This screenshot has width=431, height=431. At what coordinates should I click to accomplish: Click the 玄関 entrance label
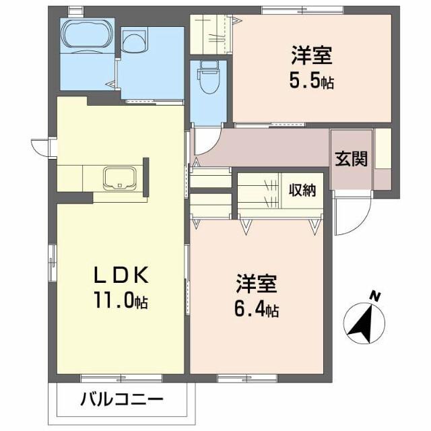352,160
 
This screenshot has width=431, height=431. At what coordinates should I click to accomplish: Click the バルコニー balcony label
122,401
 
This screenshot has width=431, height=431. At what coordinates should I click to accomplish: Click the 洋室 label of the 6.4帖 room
257,283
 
